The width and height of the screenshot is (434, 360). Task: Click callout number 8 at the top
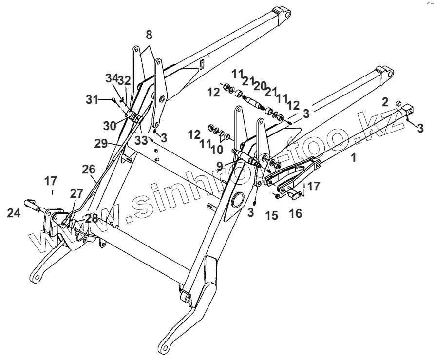(x=149, y=35)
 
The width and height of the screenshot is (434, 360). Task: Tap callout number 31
(x=93, y=100)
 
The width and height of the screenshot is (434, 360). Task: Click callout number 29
(x=101, y=143)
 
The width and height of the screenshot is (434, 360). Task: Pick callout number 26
(x=88, y=170)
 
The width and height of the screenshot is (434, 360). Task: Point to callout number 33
(x=141, y=139)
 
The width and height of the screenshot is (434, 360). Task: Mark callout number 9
(x=220, y=166)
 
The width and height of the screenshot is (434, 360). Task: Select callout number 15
(x=271, y=214)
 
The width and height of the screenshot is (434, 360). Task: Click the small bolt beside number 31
(x=113, y=100)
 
